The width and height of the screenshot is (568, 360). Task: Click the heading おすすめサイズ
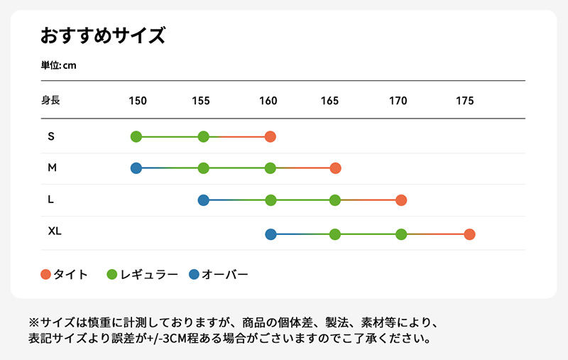click(x=103, y=35)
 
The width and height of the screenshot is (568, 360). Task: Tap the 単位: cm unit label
click(x=58, y=65)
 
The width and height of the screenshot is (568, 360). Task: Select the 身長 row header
click(x=50, y=100)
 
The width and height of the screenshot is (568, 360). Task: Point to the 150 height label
click(x=138, y=101)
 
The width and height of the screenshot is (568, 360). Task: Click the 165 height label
click(x=329, y=101)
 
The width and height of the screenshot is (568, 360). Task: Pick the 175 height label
click(x=464, y=101)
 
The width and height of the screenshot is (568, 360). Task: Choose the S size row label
click(x=50, y=136)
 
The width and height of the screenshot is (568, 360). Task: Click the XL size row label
click(x=55, y=231)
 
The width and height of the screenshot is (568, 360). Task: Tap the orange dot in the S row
click(x=270, y=136)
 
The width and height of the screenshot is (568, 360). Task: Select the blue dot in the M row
click(x=136, y=168)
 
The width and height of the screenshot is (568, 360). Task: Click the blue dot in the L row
click(x=204, y=200)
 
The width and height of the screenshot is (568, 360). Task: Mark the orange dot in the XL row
click(x=469, y=234)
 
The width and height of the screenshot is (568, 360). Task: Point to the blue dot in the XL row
click(x=271, y=234)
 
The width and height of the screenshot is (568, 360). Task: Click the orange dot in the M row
click(x=336, y=168)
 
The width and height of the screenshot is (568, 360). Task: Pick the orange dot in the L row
click(x=401, y=200)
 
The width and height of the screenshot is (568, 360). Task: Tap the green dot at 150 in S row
click(x=136, y=136)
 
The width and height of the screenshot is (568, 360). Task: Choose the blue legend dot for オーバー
click(x=195, y=274)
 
